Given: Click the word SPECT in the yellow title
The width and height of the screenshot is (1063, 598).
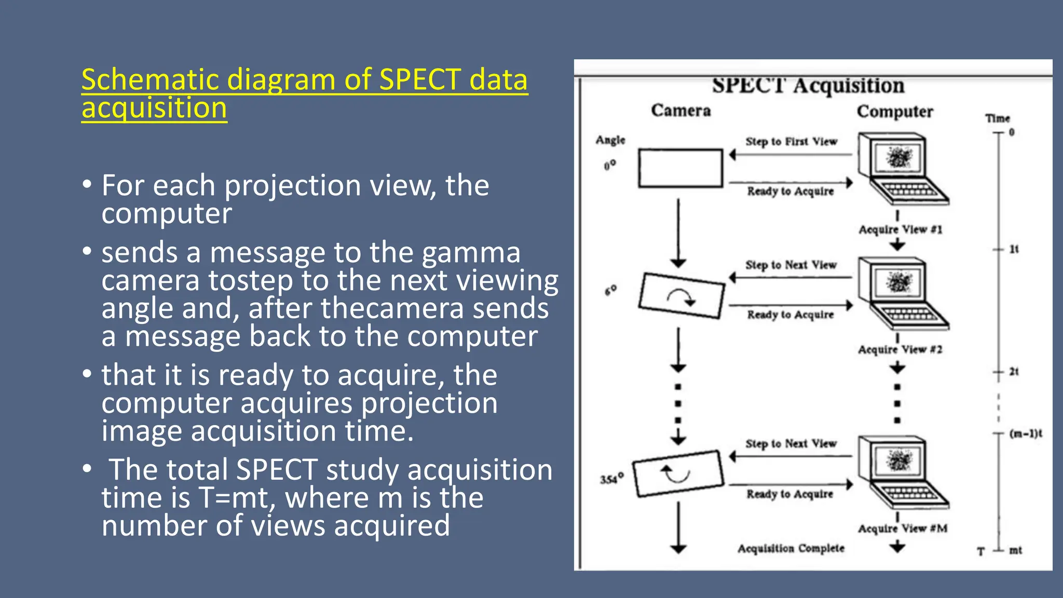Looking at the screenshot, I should tap(420, 80).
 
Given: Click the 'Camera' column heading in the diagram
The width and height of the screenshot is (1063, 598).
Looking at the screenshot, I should tap(680, 111).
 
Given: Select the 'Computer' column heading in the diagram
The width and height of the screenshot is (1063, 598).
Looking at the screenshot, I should tap(894, 112).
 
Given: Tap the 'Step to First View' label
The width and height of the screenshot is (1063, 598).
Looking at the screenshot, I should tap(791, 142).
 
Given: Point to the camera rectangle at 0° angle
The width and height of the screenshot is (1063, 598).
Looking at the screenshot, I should tap(680, 168).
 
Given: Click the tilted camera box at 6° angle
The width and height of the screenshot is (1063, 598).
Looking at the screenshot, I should tap(681, 295).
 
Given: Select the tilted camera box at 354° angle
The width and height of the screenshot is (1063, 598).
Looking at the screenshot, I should tap(678, 473).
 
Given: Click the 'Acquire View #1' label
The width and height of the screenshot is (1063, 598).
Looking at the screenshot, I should tap(900, 229).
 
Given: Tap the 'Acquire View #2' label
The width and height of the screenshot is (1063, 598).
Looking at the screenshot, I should tap(900, 349).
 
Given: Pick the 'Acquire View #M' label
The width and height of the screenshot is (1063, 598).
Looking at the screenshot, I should tap(902, 528).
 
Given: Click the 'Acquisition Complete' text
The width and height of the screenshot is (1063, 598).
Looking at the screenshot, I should tap(791, 549).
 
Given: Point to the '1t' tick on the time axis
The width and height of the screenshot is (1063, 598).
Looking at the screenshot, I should tap(1013, 250).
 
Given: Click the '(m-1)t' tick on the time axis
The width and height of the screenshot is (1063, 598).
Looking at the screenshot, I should tap(1025, 433).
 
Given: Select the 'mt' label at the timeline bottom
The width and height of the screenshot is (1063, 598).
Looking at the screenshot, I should tap(1015, 550).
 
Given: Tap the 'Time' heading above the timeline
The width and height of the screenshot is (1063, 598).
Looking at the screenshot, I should tap(997, 118).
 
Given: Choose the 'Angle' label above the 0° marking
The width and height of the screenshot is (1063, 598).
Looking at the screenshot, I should tap(610, 140).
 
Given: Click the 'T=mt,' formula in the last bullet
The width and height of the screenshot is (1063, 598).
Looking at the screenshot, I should tap(237, 498).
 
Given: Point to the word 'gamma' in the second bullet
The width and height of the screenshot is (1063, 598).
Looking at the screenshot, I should tap(471, 253).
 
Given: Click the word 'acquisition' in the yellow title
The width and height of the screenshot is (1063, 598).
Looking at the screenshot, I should tap(154, 108).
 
